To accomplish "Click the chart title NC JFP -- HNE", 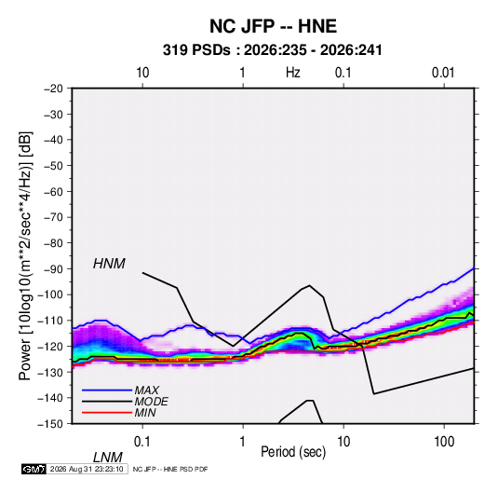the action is [273, 26].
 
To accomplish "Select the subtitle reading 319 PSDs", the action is [196, 50].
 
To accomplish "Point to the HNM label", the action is [109, 264].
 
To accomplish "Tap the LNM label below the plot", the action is [108, 458].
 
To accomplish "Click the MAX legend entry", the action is [146, 390].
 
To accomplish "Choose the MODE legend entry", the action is [151, 402].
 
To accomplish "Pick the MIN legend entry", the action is [145, 413].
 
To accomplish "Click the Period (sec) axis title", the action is [293, 452].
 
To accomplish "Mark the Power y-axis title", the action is [25, 255].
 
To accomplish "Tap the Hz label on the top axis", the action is [293, 73].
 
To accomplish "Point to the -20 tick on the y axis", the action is [53, 89].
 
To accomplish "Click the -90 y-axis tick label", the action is [53, 268].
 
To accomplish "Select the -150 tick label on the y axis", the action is [50, 424].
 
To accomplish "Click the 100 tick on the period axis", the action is [444, 442].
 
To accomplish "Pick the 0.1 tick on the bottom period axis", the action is [142, 442].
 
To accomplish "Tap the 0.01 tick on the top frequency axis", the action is [443, 73].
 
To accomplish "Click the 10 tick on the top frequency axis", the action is [142, 73].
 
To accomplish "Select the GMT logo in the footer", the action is [34, 469].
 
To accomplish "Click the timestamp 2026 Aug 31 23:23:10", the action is [87, 469].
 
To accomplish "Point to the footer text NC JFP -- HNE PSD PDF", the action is [170, 469].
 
